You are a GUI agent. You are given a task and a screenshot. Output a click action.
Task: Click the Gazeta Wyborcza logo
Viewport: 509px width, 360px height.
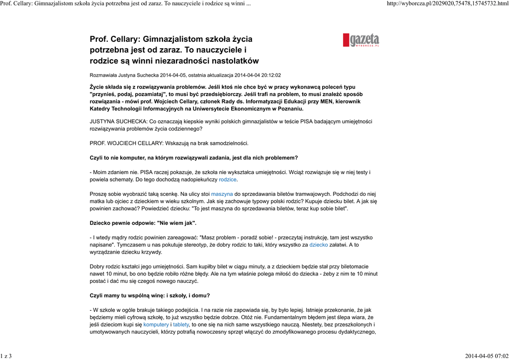click(x=361, y=40)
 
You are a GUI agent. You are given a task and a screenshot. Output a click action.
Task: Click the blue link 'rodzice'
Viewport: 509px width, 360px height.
click(x=228, y=180)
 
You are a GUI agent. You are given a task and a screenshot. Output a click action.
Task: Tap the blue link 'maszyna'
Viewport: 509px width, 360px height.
click(x=222, y=193)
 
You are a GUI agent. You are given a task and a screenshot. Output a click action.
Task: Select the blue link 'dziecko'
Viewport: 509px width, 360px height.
click(x=319, y=245)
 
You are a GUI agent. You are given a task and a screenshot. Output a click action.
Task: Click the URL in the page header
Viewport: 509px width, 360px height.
click(x=447, y=4)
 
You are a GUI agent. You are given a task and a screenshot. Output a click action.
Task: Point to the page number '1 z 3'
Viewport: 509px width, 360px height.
click(x=6, y=356)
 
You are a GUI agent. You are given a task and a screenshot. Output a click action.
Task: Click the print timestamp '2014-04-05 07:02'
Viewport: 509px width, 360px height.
click(x=486, y=356)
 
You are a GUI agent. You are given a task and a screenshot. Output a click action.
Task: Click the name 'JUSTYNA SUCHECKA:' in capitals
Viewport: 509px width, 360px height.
click(x=118, y=121)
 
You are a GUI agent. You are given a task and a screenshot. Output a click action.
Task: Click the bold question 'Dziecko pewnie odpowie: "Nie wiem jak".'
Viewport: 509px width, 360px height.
click(x=143, y=223)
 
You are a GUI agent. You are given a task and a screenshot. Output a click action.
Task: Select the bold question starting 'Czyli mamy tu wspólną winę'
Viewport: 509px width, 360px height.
click(x=150, y=295)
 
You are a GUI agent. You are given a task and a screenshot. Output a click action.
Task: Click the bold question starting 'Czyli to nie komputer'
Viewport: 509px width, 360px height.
click(x=193, y=158)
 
